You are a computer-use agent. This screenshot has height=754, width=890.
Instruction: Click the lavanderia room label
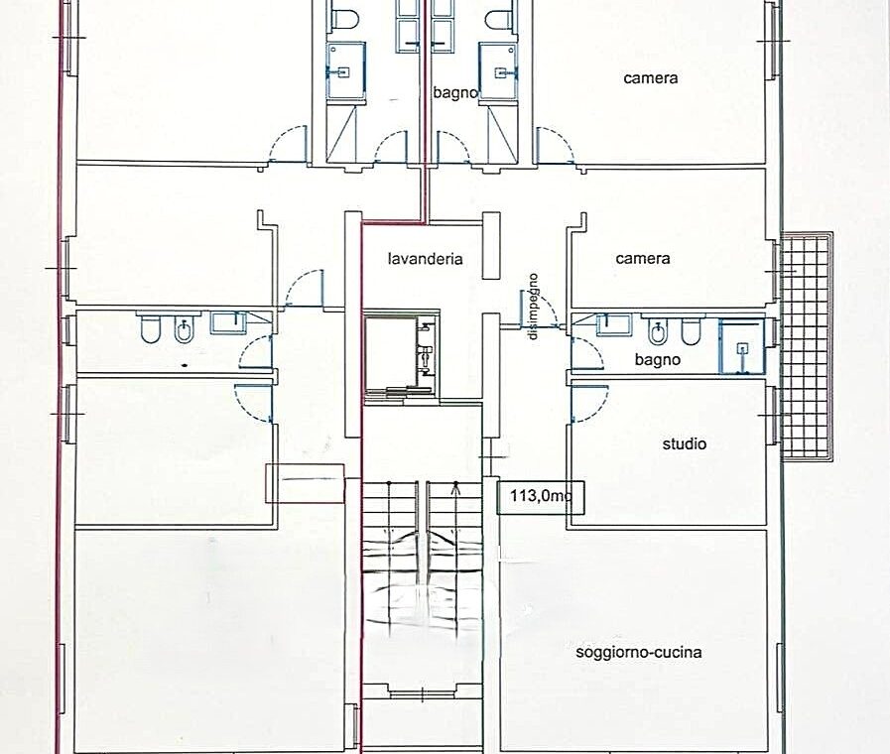tap(425, 259)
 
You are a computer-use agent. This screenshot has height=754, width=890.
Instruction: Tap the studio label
tap(685, 443)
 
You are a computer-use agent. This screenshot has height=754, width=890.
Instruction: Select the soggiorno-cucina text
tap(639, 652)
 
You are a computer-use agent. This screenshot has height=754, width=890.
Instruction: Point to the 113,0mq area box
tap(541, 497)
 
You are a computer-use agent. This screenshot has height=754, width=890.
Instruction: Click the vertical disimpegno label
tap(533, 307)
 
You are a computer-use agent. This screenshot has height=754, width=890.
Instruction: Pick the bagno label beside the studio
tap(657, 360)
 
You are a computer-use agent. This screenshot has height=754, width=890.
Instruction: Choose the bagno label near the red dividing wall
tap(455, 93)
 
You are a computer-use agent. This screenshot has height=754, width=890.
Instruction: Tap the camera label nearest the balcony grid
tap(643, 259)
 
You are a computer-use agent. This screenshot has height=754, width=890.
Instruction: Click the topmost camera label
tap(651, 78)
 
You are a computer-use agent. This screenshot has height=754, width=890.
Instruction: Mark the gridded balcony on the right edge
tap(807, 346)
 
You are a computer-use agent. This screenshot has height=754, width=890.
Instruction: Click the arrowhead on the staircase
tap(455, 486)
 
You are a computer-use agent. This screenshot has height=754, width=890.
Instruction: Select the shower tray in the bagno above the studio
tap(742, 346)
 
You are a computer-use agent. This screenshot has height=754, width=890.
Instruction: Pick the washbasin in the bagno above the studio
tap(613, 325)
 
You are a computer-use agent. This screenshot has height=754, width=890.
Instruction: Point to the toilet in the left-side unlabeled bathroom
tap(150, 329)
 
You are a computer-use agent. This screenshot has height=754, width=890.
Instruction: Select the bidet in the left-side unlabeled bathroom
tap(184, 330)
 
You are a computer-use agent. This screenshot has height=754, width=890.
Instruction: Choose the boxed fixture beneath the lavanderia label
tap(400, 355)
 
